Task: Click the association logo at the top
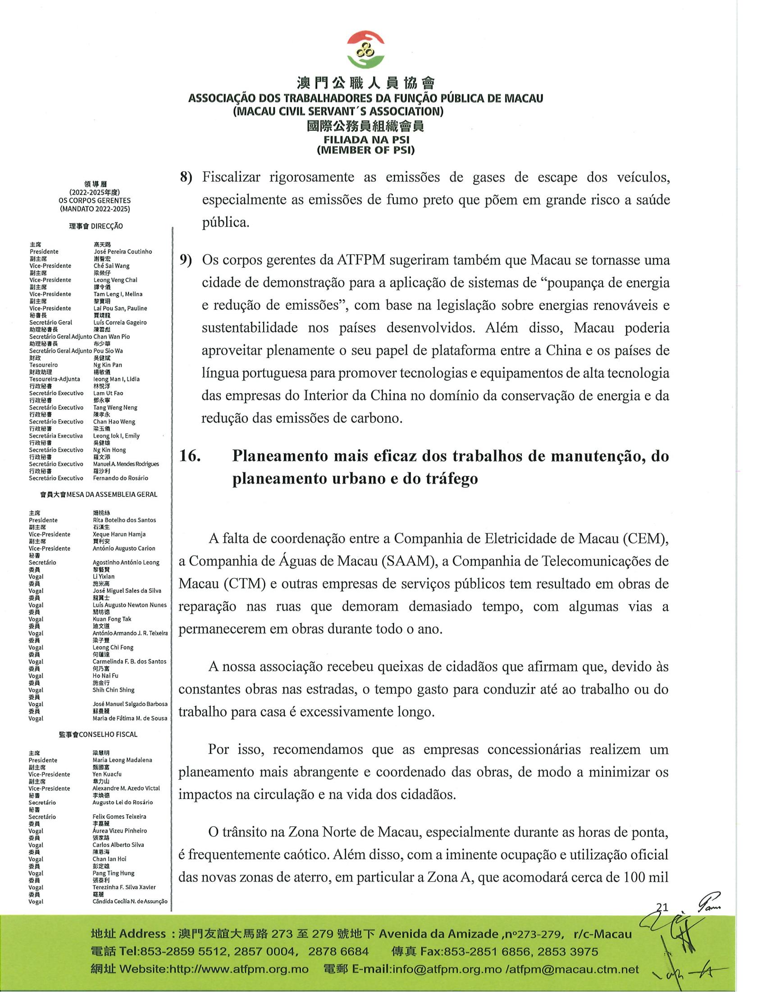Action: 366,50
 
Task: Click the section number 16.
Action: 190,456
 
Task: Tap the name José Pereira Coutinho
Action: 123,252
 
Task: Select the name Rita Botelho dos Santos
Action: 124,520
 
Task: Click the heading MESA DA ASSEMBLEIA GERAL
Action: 112,494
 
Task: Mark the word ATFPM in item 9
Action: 362,260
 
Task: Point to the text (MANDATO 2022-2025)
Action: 94,209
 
